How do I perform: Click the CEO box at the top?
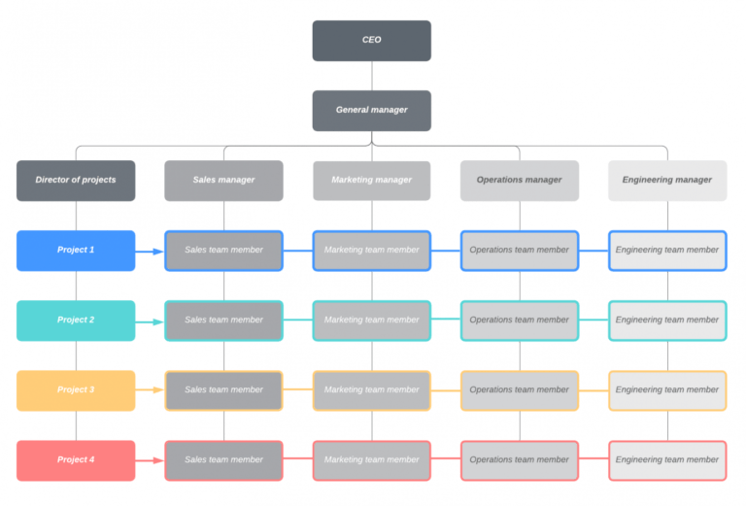click(371, 41)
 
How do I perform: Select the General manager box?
click(371, 111)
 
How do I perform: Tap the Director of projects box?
click(76, 181)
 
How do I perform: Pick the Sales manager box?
click(223, 181)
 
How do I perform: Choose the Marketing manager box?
click(371, 181)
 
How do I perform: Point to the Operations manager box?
click(519, 181)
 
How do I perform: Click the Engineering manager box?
click(667, 181)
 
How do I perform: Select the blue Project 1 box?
click(76, 251)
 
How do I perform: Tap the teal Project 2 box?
click(76, 320)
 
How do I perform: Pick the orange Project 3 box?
click(76, 390)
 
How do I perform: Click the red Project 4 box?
click(76, 460)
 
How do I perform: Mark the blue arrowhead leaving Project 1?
click(158, 252)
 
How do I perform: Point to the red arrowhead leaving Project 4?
click(158, 461)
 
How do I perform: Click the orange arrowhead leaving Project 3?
click(158, 391)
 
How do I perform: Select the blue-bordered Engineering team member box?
click(667, 251)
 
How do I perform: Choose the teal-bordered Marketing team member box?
click(371, 320)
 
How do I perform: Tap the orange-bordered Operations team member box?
click(519, 390)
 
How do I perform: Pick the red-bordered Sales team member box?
click(223, 460)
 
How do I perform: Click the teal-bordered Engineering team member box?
click(667, 320)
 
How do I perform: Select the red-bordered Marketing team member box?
click(371, 460)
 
